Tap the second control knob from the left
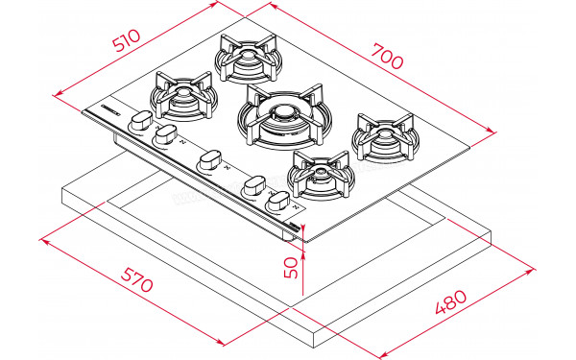point(167,132)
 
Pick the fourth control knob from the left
point(254,185)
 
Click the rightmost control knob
point(279,201)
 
